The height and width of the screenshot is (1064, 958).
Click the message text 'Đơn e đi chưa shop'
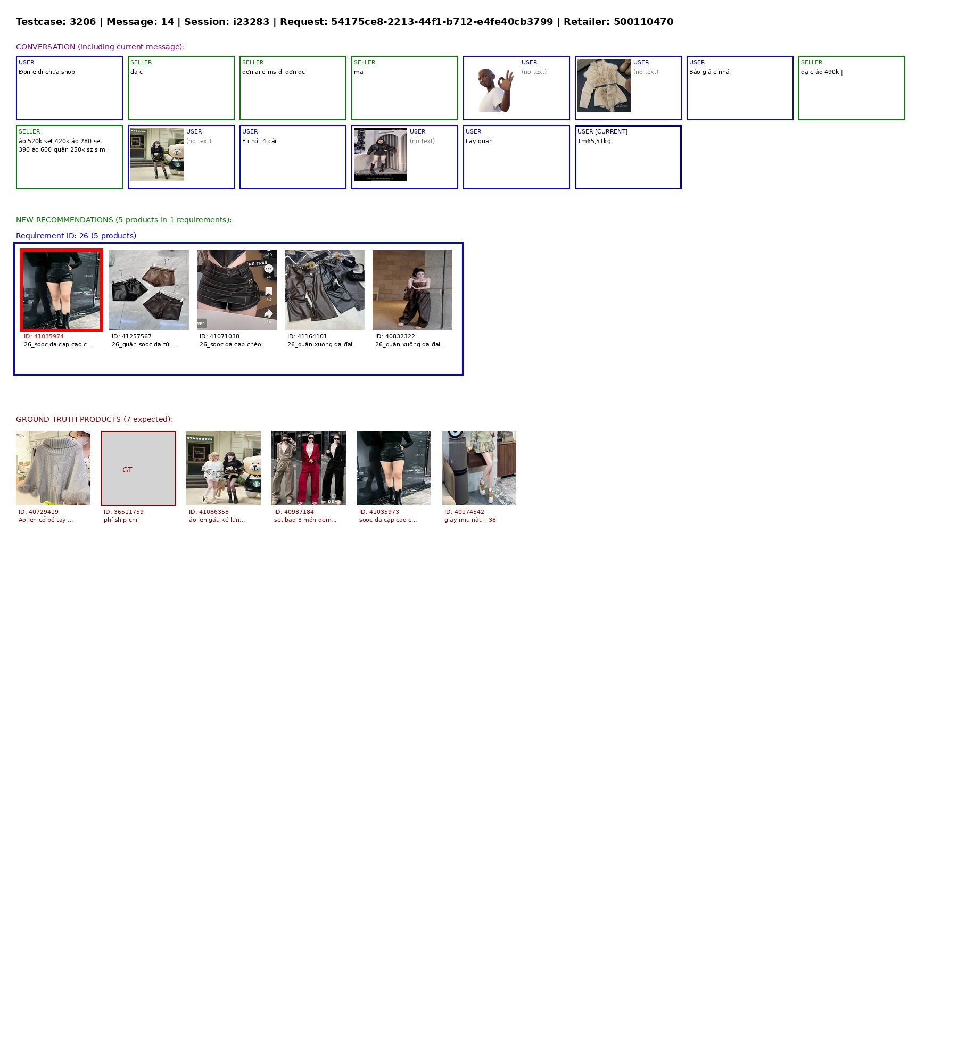[47, 72]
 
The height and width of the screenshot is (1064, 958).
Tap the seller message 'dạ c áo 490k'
[820, 72]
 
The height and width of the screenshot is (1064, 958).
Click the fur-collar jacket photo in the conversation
[604, 85]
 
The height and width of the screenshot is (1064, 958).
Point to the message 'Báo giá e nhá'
[709, 72]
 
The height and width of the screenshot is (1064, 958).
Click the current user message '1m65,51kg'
[594, 141]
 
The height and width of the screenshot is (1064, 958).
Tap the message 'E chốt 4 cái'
[259, 141]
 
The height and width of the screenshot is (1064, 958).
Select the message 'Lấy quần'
[479, 141]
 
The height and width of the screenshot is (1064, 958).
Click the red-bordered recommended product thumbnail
[61, 290]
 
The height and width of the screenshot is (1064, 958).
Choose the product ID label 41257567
[131, 336]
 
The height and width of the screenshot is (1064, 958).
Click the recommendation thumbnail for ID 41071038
[237, 290]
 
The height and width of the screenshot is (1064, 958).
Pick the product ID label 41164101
[307, 336]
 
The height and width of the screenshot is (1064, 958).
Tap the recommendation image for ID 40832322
[412, 290]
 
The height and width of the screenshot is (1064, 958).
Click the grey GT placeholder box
[138, 468]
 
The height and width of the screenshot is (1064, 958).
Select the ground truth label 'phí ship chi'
[120, 520]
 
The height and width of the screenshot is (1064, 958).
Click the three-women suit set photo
[309, 468]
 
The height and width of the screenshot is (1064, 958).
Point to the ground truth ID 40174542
[464, 512]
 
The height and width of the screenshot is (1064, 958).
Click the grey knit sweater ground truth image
[53, 468]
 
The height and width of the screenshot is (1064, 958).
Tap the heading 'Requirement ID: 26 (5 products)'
[76, 236]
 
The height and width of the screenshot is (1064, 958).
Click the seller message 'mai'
[359, 72]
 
